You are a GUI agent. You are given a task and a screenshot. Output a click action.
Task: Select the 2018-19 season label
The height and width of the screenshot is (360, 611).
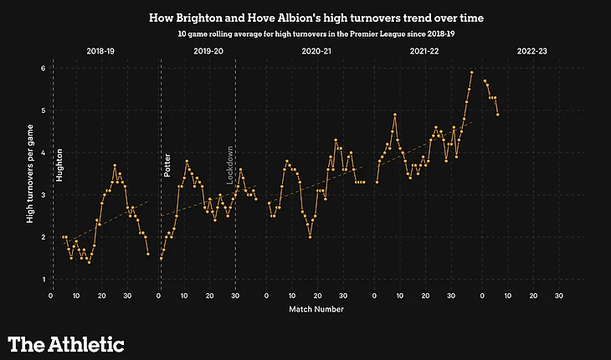[x=100, y=52]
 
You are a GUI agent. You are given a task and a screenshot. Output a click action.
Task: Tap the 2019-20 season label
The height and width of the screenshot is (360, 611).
[x=208, y=52]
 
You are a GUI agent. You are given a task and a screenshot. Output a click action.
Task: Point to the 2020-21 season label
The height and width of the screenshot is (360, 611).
[x=316, y=52]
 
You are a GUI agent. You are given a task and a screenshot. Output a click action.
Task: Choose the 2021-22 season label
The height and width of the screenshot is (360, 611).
[x=424, y=52]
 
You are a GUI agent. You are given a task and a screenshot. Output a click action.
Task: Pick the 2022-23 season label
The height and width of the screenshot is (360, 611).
[x=532, y=52]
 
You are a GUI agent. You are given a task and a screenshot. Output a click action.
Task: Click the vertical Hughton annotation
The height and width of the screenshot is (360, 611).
[x=59, y=165]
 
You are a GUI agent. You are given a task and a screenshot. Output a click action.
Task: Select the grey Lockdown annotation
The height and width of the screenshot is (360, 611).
[x=229, y=165]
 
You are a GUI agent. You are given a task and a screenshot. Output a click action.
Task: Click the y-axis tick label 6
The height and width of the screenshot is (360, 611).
[x=43, y=68]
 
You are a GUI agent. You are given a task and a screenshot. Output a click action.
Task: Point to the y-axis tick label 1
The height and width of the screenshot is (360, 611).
[x=43, y=279]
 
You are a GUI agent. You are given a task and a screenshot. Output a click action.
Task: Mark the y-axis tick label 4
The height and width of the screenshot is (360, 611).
[x=43, y=152]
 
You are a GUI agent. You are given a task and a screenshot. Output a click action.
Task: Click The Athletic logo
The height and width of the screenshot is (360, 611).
[x=66, y=343]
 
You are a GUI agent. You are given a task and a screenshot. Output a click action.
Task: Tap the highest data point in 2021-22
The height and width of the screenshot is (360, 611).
[x=472, y=73]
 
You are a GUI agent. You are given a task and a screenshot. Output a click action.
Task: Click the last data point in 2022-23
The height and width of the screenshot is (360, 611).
[x=498, y=115]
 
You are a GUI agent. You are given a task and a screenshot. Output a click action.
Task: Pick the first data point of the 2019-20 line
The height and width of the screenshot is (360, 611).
[x=161, y=259]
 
